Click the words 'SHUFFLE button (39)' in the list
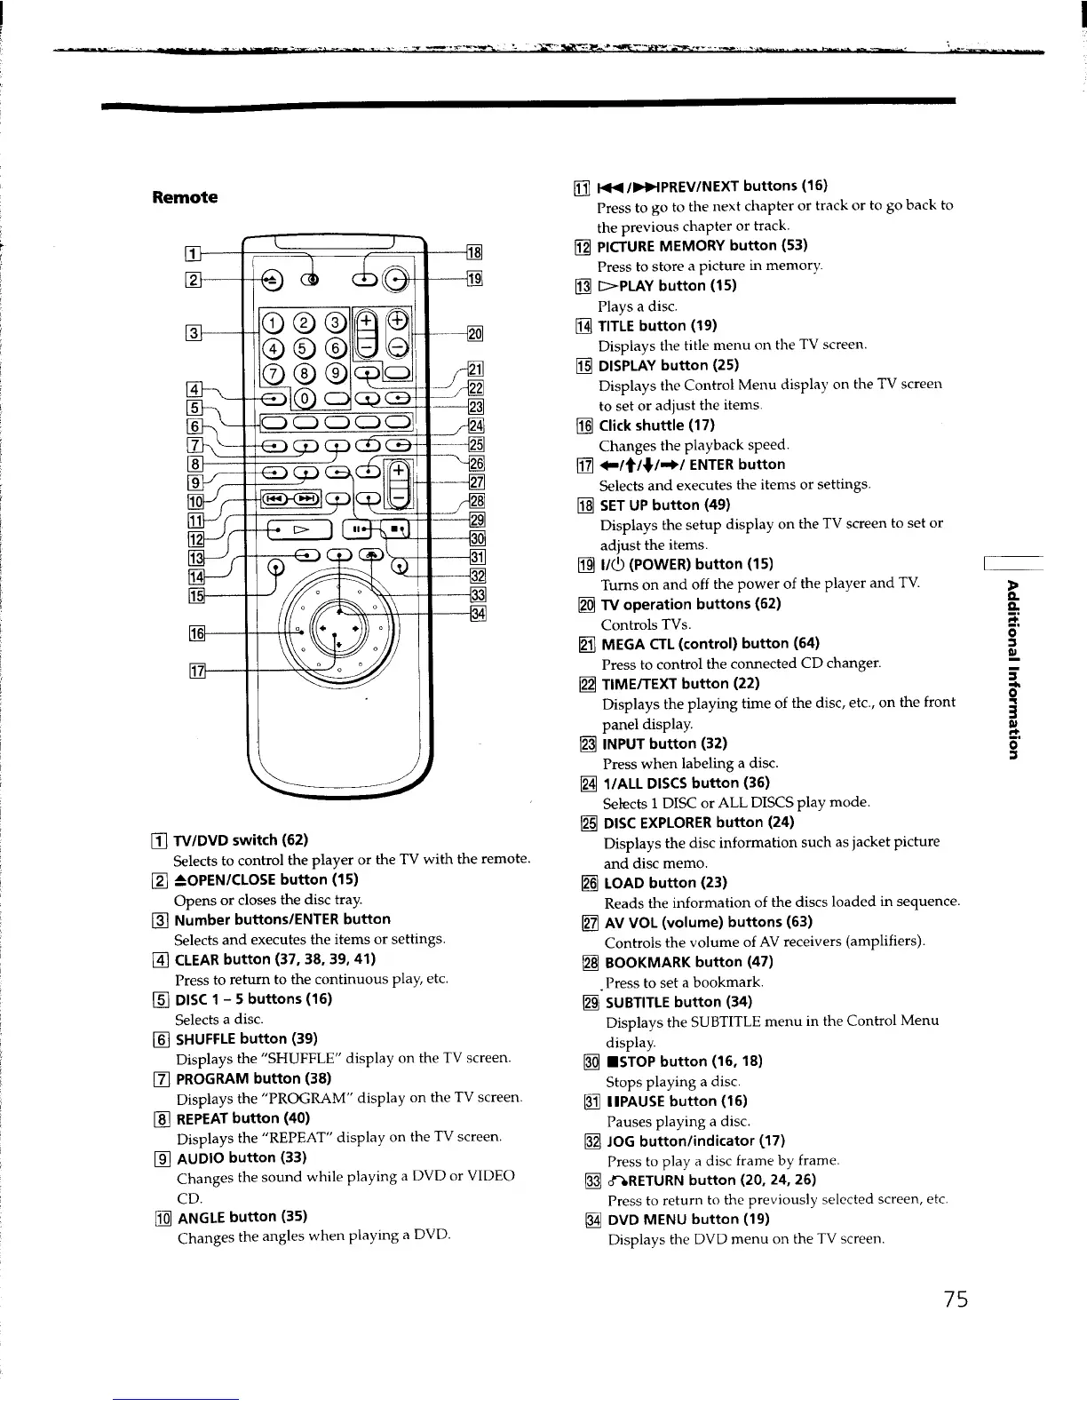tap(234, 1038)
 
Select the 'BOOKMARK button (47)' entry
tap(688, 962)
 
